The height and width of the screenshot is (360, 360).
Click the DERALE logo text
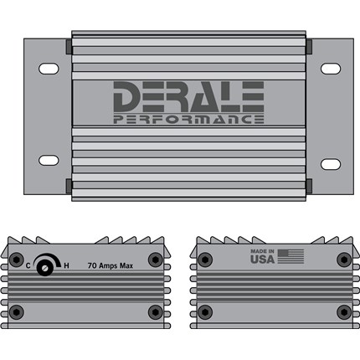[188, 96]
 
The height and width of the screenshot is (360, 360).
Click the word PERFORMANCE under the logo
[188, 119]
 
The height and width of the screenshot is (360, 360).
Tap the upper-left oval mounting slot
[49, 69]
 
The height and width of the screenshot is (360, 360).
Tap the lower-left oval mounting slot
[49, 160]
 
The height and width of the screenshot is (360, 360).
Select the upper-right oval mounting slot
[331, 69]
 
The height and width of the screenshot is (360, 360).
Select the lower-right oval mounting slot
[331, 164]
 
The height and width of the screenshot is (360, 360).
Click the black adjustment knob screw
[45, 268]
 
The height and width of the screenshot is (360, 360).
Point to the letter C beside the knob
[28, 265]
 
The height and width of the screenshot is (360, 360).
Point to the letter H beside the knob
[66, 265]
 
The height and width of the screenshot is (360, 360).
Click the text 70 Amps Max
[111, 265]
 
